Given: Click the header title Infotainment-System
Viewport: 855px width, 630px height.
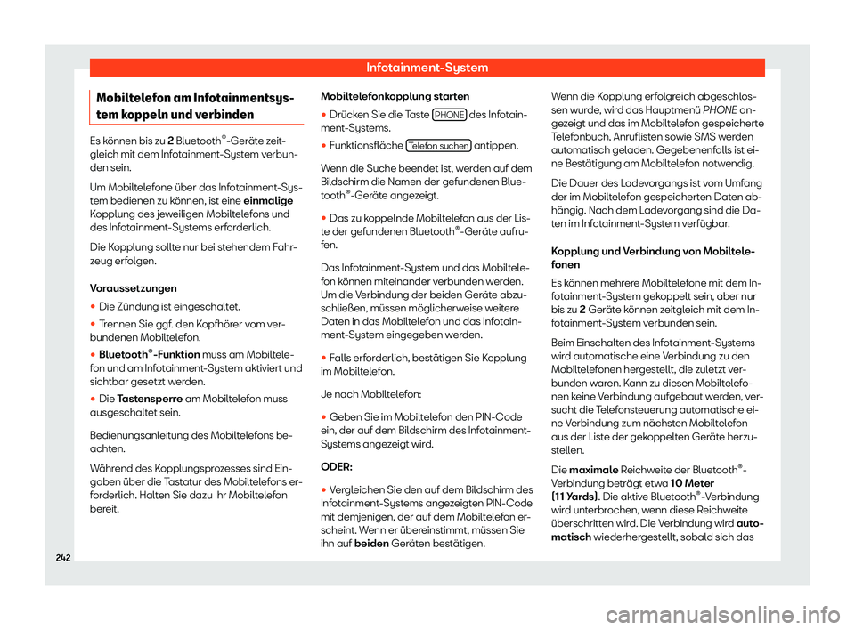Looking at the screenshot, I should [x=427, y=67].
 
